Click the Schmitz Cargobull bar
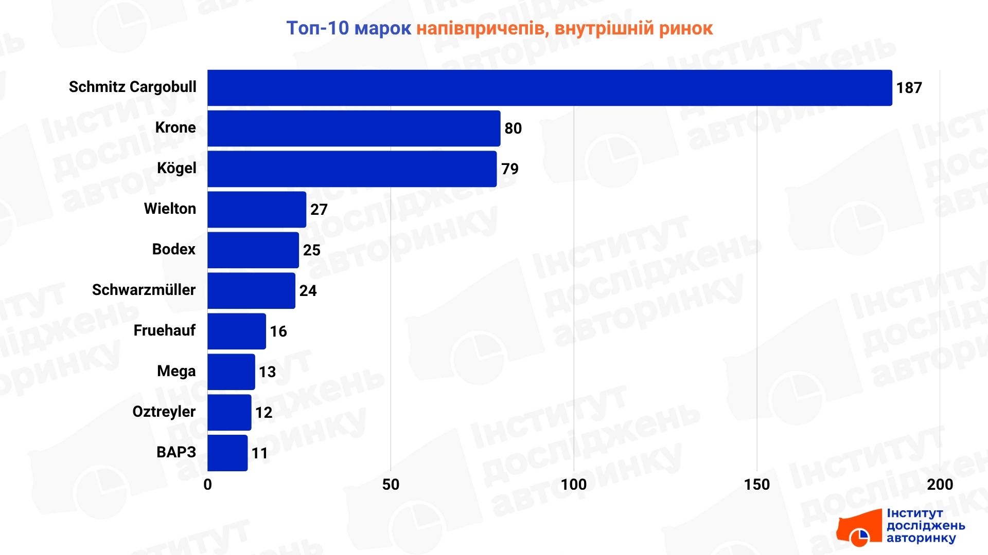[550, 88]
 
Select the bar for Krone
[354, 128]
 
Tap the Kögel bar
[352, 169]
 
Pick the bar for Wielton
[257, 210]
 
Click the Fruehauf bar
[237, 331]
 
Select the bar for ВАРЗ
[227, 453]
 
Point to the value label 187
[909, 88]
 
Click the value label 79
[510, 169]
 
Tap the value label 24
[308, 291]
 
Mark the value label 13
[267, 372]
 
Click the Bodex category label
[174, 249]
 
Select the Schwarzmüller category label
[144, 290]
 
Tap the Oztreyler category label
[164, 412]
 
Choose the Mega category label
[176, 371]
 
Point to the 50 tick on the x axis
[391, 485]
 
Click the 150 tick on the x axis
[756, 485]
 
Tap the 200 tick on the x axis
[940, 485]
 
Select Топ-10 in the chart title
[317, 28]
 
